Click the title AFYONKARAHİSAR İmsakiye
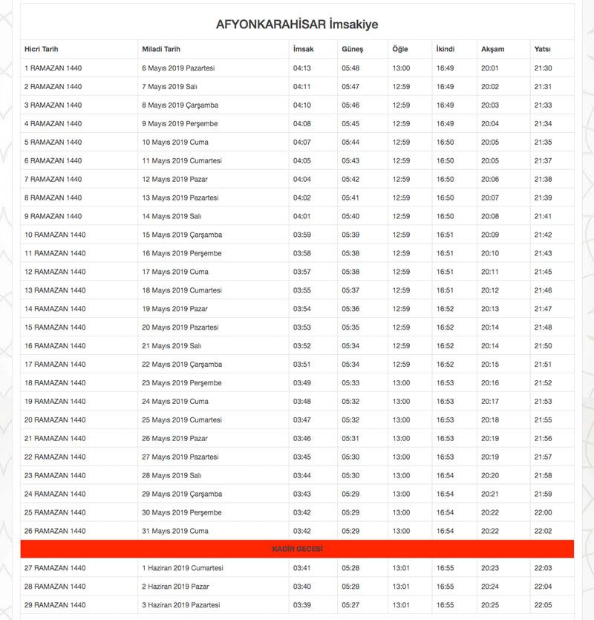pos(296,25)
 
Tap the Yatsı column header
pos(541,49)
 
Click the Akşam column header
pos(492,49)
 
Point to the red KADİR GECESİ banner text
pos(296,549)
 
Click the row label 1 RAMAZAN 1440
pos(53,68)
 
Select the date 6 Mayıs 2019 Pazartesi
pos(178,68)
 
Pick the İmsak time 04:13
pos(302,68)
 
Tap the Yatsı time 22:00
pos(543,512)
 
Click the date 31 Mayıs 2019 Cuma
pos(175,531)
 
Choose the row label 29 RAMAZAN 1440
pos(55,605)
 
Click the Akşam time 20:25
pos(490,605)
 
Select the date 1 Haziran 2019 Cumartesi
pos(183,568)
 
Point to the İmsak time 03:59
pos(302,235)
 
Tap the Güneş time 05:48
pos(350,68)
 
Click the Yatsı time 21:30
pos(543,68)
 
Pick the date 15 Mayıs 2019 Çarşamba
pos(182,235)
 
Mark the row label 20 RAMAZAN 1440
pos(55,420)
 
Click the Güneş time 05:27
pos(350,605)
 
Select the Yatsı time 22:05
pos(543,605)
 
